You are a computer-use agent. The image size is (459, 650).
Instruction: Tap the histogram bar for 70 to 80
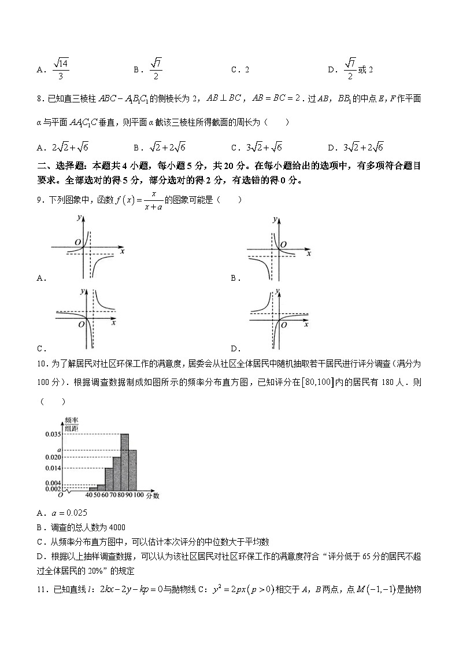point(116,474)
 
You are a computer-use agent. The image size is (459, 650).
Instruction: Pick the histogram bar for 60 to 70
point(109,479)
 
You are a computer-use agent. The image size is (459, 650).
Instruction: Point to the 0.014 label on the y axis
point(53,468)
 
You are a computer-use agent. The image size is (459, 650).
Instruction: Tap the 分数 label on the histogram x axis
point(153,496)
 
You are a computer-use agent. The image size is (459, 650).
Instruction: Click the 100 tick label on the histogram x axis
point(139,496)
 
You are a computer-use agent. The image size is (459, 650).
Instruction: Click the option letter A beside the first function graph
point(40,278)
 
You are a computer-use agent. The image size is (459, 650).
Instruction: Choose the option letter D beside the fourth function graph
point(235,348)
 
